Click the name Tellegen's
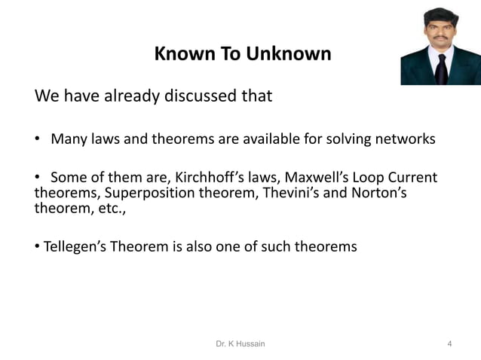click(75, 246)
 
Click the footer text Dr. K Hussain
click(240, 344)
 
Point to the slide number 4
click(450, 344)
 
